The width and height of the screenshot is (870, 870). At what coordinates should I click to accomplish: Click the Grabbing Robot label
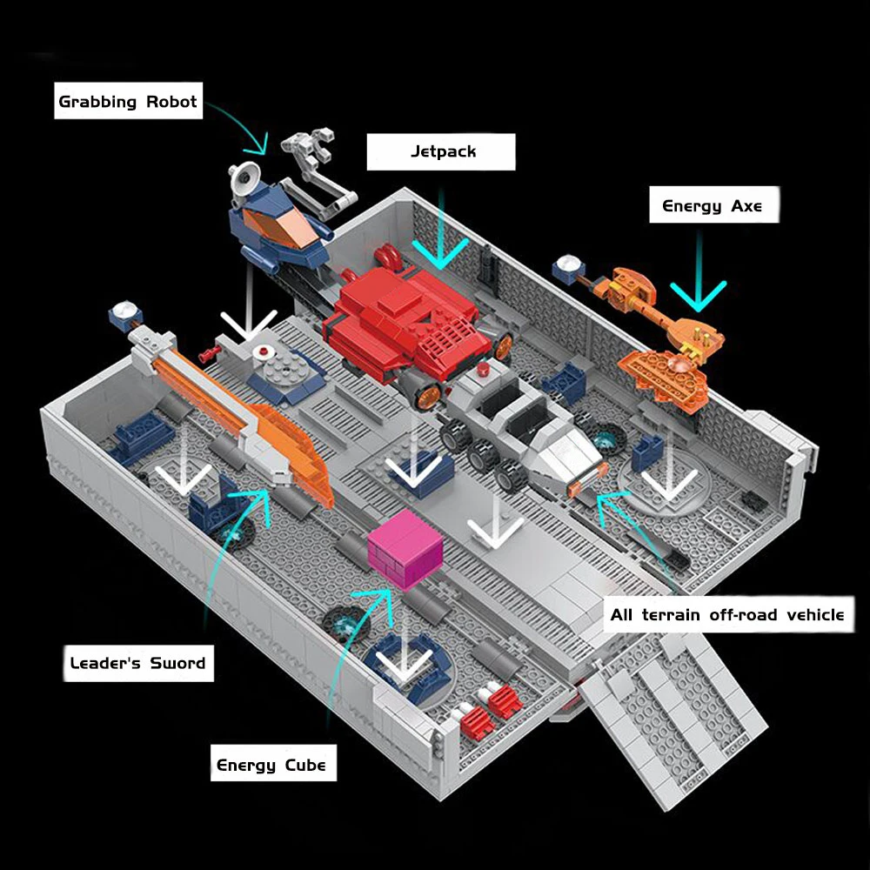pyautogui.click(x=128, y=102)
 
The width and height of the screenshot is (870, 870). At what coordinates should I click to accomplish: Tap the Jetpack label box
pyautogui.click(x=442, y=151)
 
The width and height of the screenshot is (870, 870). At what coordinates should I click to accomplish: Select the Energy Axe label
pyautogui.click(x=712, y=206)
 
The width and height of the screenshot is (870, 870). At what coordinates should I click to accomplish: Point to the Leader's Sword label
pyautogui.click(x=137, y=663)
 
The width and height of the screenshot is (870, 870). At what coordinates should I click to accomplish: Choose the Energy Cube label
pyautogui.click(x=271, y=766)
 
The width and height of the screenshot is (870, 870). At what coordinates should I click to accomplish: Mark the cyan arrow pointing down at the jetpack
pyautogui.click(x=442, y=248)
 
